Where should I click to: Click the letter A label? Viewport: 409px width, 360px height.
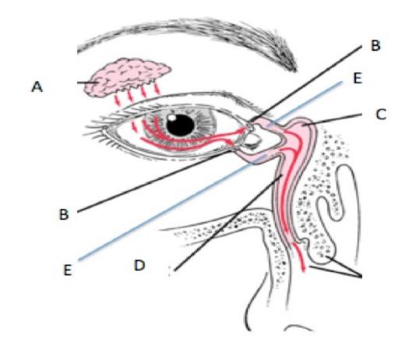click(x=37, y=86)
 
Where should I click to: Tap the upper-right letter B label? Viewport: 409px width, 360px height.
click(x=376, y=45)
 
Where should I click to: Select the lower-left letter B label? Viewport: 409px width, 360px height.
click(x=64, y=214)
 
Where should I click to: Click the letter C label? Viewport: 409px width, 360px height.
click(x=381, y=114)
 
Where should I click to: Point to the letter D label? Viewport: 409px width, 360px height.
click(x=139, y=265)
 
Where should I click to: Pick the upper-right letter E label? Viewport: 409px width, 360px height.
click(x=358, y=78)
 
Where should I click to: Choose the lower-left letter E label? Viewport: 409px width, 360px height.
click(x=68, y=270)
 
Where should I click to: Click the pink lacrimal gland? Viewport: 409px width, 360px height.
click(x=125, y=76)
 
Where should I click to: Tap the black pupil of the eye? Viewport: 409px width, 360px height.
click(x=181, y=125)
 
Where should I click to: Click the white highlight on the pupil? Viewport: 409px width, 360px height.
click(x=172, y=118)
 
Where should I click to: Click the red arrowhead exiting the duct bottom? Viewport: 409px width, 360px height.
click(x=303, y=269)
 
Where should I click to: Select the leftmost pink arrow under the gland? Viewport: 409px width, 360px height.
click(x=117, y=100)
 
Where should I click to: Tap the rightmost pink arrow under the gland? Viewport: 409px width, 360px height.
click(x=157, y=88)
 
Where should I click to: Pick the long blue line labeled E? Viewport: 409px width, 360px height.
click(x=210, y=171)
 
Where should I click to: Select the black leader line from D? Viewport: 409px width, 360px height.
click(x=228, y=223)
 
